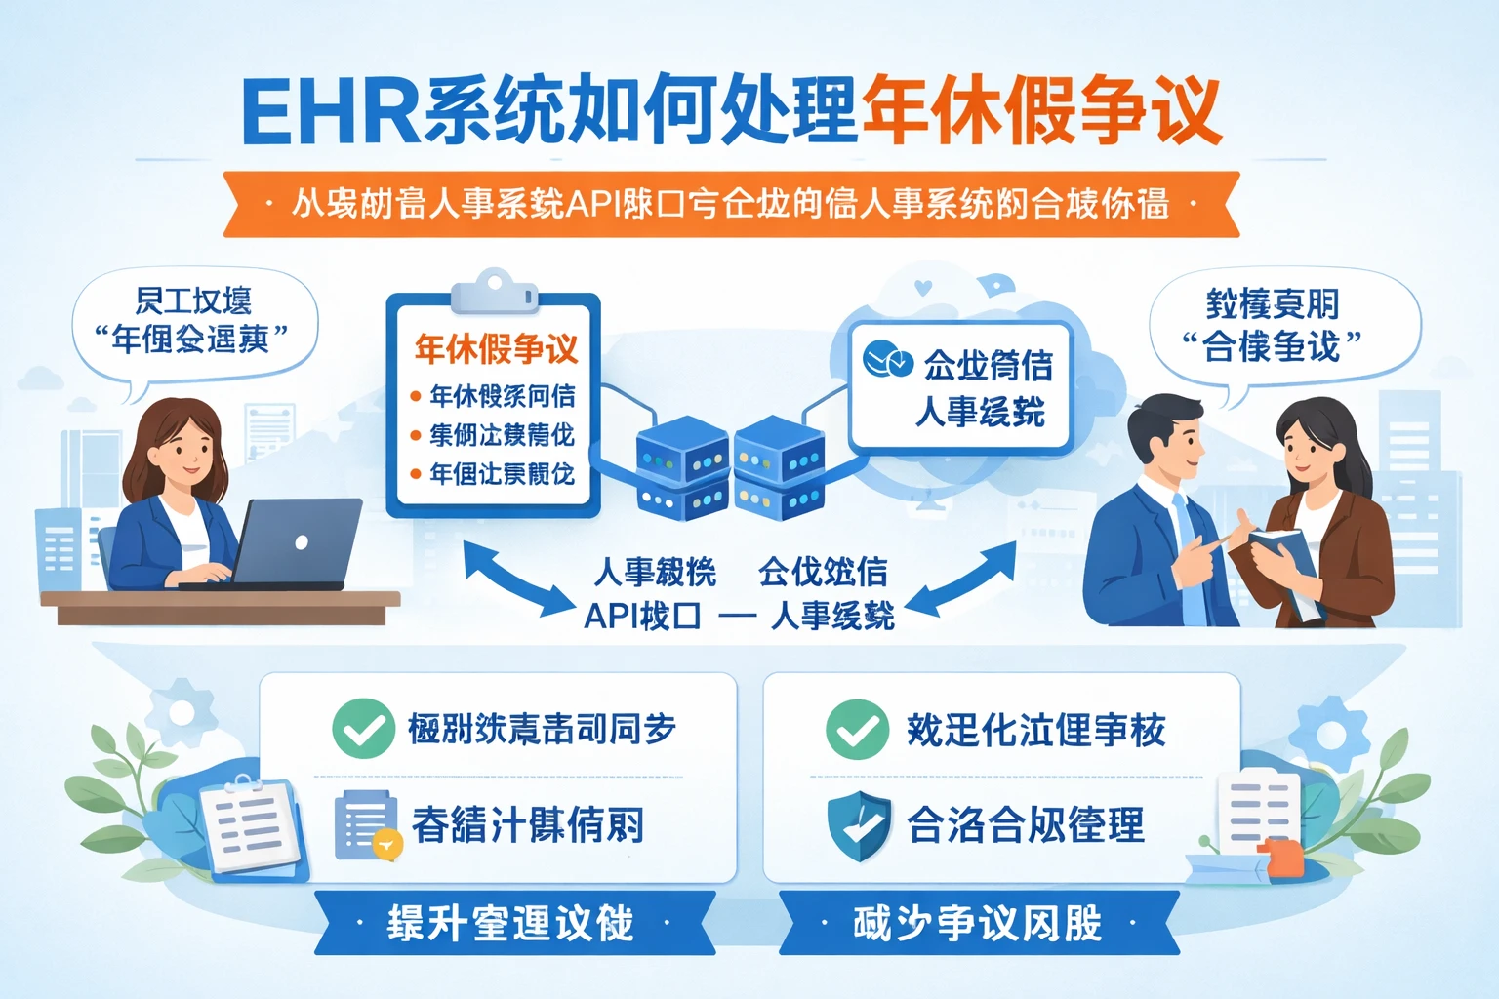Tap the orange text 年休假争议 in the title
tap(1040, 111)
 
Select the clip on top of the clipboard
tap(494, 292)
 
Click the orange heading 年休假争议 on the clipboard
tap(496, 348)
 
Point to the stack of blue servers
tap(730, 466)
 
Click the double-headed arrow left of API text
tap(517, 580)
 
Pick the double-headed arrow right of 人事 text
tap(960, 580)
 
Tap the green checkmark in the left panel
tap(363, 729)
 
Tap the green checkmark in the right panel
tap(857, 729)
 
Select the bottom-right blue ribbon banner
tap(978, 923)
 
